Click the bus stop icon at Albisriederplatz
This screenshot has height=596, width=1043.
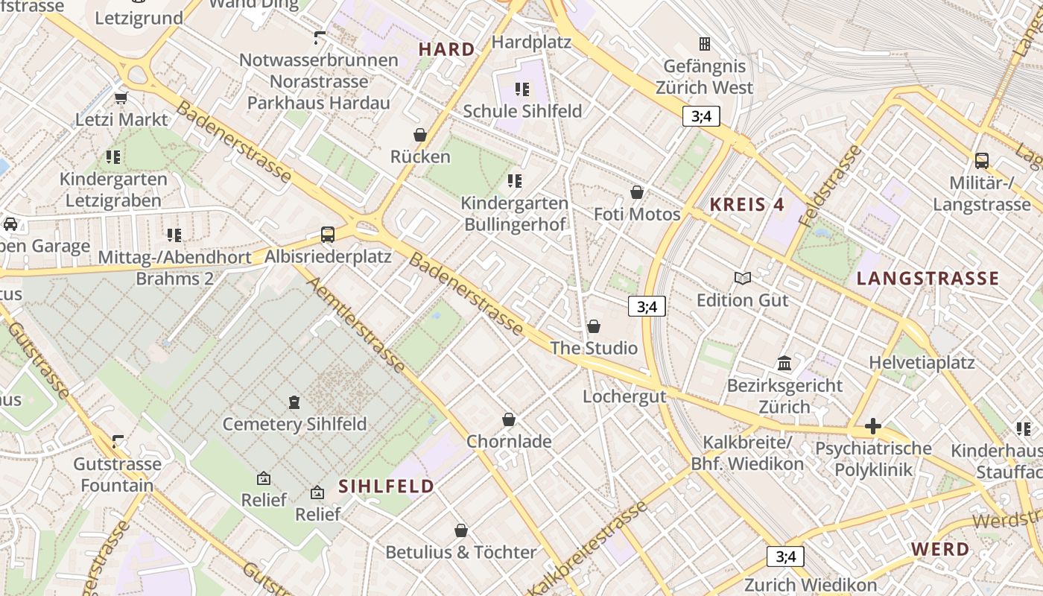[328, 235]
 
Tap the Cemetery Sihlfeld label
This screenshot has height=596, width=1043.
[295, 424]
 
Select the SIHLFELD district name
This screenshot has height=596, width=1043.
[386, 486]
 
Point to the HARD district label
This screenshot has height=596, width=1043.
[446, 50]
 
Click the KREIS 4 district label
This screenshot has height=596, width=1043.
[747, 205]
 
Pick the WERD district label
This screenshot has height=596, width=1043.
[940, 550]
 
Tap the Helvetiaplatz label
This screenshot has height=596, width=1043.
[922, 363]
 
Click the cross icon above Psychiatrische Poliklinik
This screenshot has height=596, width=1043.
[873, 427]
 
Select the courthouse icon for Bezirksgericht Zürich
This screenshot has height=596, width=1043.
[784, 364]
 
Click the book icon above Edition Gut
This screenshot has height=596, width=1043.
[743, 278]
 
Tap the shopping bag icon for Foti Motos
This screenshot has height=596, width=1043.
[637, 192]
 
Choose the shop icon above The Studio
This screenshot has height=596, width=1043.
[594, 326]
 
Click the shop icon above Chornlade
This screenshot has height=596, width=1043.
[509, 419]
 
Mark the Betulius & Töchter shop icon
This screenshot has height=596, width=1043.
[461, 530]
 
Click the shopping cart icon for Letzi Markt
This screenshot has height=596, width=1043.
[121, 98]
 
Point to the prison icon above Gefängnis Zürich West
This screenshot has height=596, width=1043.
[704, 44]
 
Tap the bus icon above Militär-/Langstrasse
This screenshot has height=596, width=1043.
[982, 160]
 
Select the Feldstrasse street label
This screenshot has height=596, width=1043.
[830, 186]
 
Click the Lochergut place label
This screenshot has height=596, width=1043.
[624, 396]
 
